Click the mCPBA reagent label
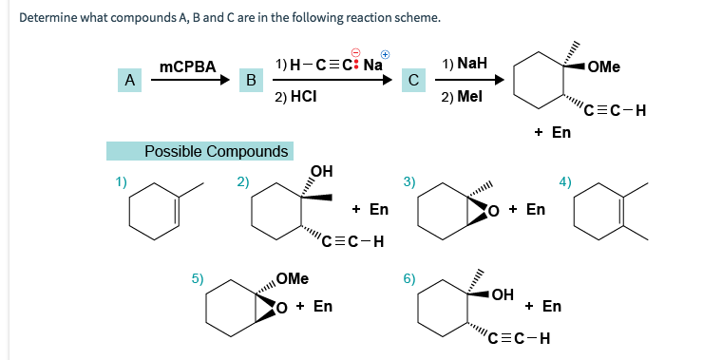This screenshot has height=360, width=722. [188, 66]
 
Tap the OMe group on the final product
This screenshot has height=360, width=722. [603, 66]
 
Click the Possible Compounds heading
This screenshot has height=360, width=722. [216, 151]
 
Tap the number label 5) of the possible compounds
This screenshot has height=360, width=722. [197, 278]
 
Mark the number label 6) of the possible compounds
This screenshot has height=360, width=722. [409, 278]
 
